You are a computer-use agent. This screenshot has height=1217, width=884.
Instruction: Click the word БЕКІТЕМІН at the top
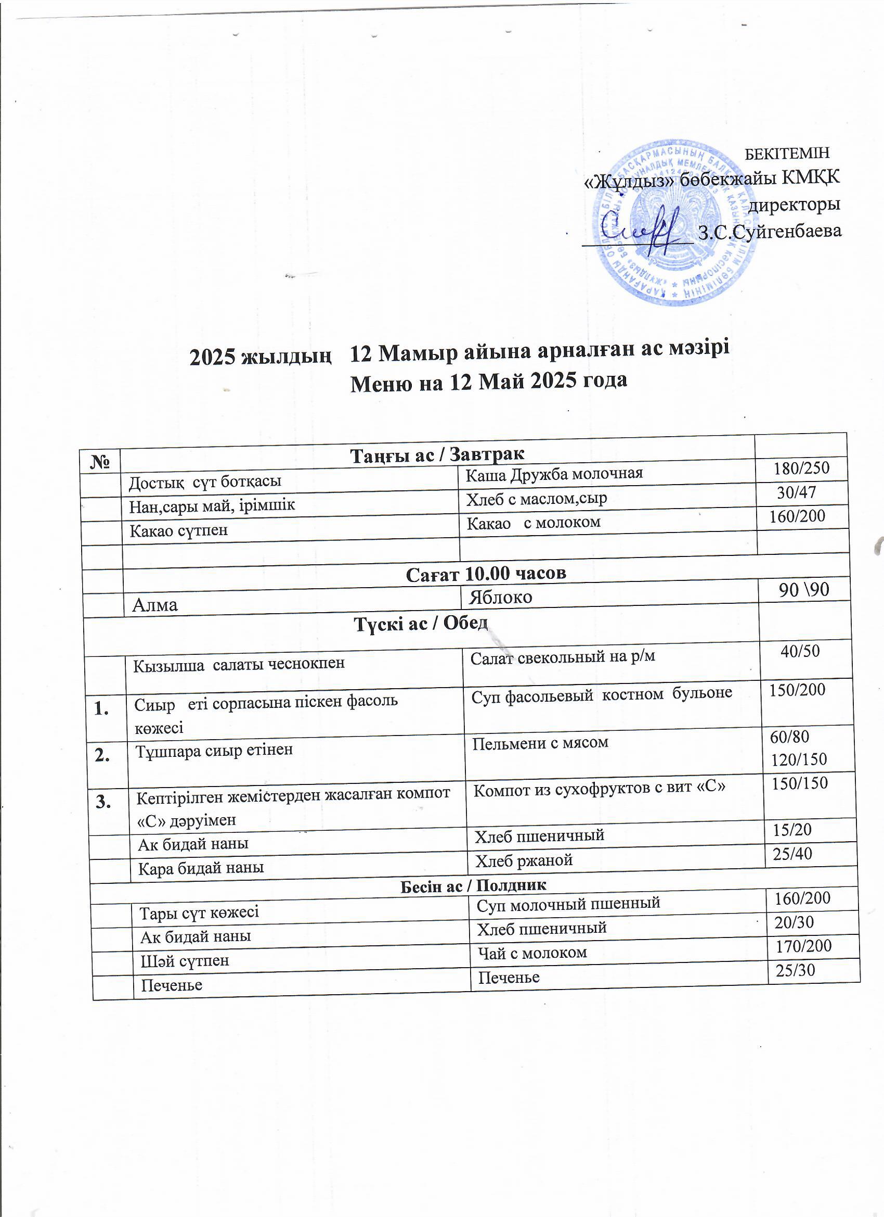tap(787, 153)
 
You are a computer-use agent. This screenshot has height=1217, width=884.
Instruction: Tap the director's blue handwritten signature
tap(641, 231)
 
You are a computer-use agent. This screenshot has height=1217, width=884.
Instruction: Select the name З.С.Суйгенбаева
tap(770, 232)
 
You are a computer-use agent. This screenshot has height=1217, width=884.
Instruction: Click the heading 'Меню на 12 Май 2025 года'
tap(488, 381)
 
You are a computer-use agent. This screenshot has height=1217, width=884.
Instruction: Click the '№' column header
tap(101, 462)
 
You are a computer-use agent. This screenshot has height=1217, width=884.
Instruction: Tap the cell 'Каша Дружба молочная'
tap(554, 474)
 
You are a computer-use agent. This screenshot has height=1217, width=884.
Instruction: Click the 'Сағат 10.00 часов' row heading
tap(486, 574)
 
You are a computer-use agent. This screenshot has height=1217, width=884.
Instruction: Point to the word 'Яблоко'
tap(501, 597)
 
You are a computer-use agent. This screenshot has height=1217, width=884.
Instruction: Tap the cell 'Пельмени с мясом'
tap(540, 743)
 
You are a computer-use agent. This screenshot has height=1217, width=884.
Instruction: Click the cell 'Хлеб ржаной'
tap(524, 860)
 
